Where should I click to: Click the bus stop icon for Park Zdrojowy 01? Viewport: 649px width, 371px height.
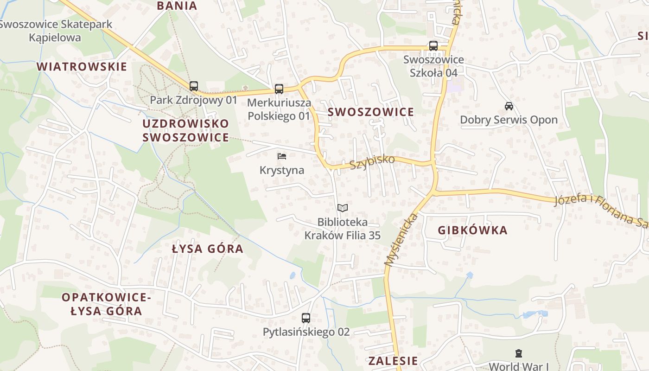[x=194, y=86]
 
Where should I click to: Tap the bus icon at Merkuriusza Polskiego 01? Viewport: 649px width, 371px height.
[x=279, y=89]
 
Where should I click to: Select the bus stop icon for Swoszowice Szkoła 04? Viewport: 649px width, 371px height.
[x=433, y=46]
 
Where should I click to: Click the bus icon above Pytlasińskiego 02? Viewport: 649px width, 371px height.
[x=306, y=318]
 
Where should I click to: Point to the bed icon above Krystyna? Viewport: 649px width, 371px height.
[x=282, y=156]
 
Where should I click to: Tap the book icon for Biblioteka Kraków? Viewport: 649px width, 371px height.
[x=342, y=208]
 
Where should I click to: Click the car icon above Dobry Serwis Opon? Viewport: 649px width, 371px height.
[x=509, y=106]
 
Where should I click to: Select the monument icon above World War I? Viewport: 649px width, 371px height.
[x=519, y=353]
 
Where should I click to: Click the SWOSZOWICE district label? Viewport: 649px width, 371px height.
[x=371, y=112]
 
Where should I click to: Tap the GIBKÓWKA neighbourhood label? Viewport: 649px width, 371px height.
[x=472, y=230]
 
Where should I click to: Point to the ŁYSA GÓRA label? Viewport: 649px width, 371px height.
[x=207, y=249]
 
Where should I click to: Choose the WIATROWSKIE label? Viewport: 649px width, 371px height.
[x=82, y=66]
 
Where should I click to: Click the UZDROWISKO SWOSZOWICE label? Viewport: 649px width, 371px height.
[x=185, y=130]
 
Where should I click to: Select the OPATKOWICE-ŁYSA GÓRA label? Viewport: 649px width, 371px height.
[x=106, y=304]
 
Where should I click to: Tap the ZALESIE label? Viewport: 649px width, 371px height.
[x=393, y=361]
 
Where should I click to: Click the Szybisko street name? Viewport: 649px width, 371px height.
[x=372, y=162]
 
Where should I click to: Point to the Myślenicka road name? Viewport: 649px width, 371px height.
[x=401, y=240]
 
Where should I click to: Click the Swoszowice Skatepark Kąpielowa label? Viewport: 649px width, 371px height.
[x=55, y=31]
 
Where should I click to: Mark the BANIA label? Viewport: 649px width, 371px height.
[x=177, y=6]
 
